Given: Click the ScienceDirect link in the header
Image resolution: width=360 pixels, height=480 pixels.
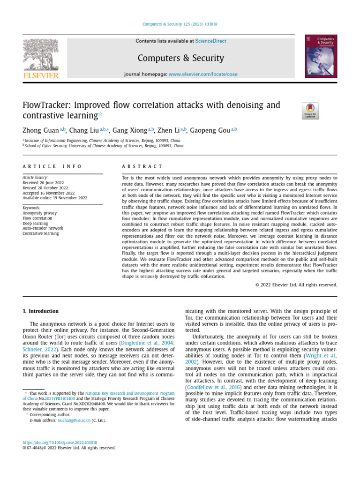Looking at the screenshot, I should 210,41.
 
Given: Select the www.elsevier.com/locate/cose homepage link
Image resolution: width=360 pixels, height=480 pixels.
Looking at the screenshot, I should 203,75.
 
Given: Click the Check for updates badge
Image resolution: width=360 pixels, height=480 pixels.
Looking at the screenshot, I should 310,111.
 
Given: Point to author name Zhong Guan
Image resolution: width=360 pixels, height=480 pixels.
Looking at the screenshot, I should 41,130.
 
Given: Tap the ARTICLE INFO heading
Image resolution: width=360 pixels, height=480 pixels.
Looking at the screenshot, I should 52,166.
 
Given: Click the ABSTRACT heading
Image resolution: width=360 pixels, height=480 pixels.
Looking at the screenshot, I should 142,166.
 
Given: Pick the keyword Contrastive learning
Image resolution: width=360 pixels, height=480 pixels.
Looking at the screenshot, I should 41,233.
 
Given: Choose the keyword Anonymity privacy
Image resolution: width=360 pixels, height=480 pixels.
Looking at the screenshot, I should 39,213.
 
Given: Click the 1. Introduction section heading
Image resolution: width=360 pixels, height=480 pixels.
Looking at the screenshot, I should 41,311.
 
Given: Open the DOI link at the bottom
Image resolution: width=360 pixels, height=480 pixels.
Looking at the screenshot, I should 60,442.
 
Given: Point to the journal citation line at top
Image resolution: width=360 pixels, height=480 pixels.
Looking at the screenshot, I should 180,24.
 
